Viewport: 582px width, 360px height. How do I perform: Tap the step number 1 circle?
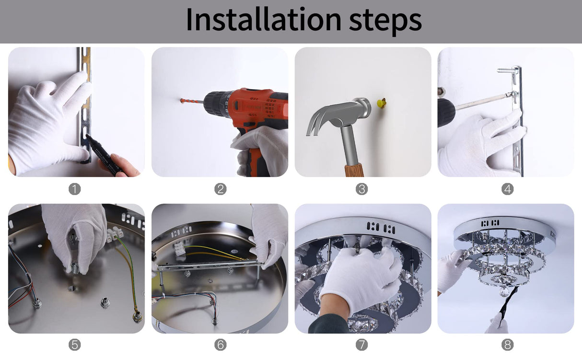pos(75,189)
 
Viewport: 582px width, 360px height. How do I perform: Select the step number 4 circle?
pos(507,189)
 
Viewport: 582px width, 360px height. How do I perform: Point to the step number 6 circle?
pos(221,345)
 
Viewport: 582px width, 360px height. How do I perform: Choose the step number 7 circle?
pos(361,345)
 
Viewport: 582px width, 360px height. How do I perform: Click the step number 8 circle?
pos(507,345)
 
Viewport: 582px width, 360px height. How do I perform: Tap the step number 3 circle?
pos(361,189)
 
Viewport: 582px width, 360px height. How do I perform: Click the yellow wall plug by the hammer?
pos(381,104)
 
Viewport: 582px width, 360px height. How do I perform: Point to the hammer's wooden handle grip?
pos(354,170)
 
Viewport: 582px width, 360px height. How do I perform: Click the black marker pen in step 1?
pos(104,154)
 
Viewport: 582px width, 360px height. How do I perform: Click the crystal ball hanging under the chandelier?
pos(506,291)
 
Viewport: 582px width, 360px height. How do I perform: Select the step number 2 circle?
pos(221,189)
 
